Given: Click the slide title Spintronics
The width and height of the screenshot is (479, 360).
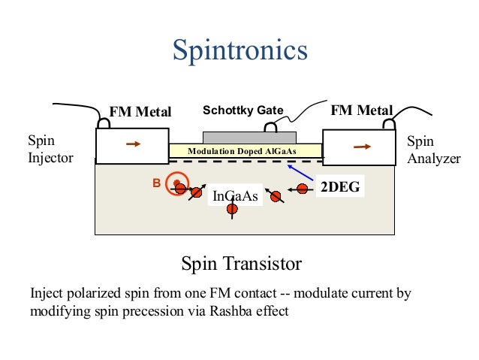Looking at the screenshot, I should click(x=239, y=50).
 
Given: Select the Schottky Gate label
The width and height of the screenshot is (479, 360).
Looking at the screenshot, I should click(x=243, y=110).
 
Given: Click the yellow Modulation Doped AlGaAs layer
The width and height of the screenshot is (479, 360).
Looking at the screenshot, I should click(x=245, y=150).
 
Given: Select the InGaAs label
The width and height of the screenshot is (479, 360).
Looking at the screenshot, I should click(x=235, y=196).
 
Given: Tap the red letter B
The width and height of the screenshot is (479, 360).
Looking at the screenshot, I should click(x=156, y=183).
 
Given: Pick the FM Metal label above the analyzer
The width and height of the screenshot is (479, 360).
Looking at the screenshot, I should click(x=362, y=111).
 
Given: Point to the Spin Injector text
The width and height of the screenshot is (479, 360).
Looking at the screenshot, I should click(x=50, y=149).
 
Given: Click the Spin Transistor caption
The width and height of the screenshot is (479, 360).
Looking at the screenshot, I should click(x=241, y=264).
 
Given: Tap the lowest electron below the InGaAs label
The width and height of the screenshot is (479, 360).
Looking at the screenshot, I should click(x=233, y=210).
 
